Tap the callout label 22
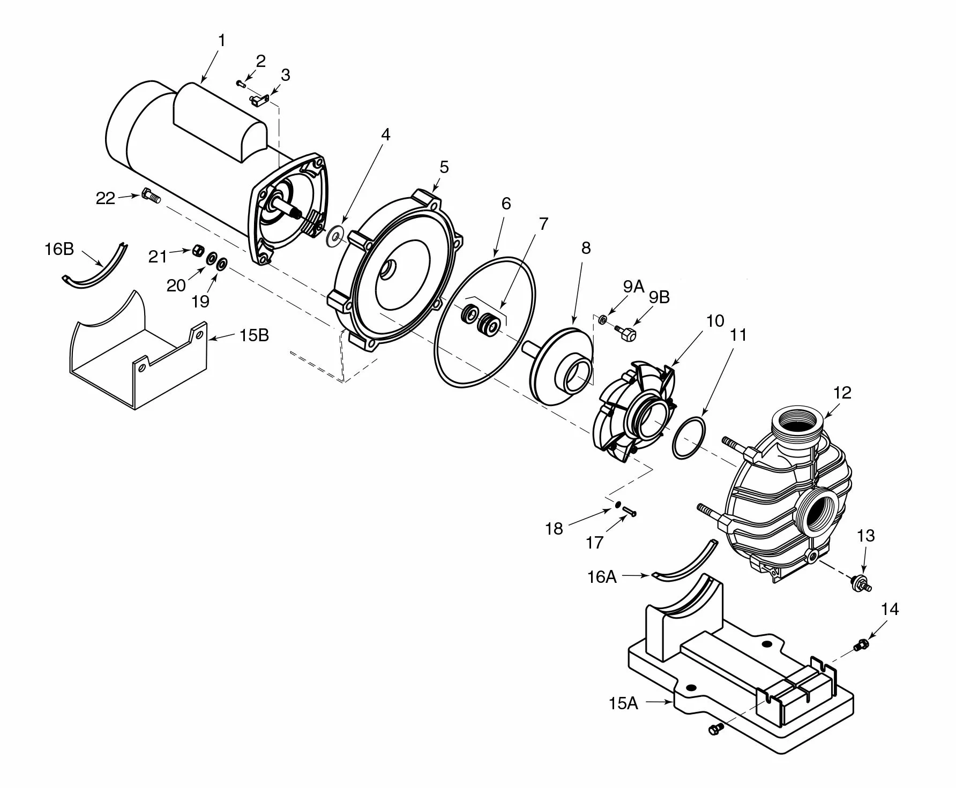[105, 199]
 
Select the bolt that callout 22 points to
[151, 196]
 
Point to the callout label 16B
[59, 249]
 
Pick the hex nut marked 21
[198, 250]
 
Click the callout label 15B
[253, 336]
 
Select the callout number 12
[842, 393]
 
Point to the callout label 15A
[623, 703]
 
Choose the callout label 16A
[602, 577]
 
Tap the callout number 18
[554, 529]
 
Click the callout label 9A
[633, 287]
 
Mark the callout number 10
[715, 321]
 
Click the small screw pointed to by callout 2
[241, 82]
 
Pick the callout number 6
[506, 204]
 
